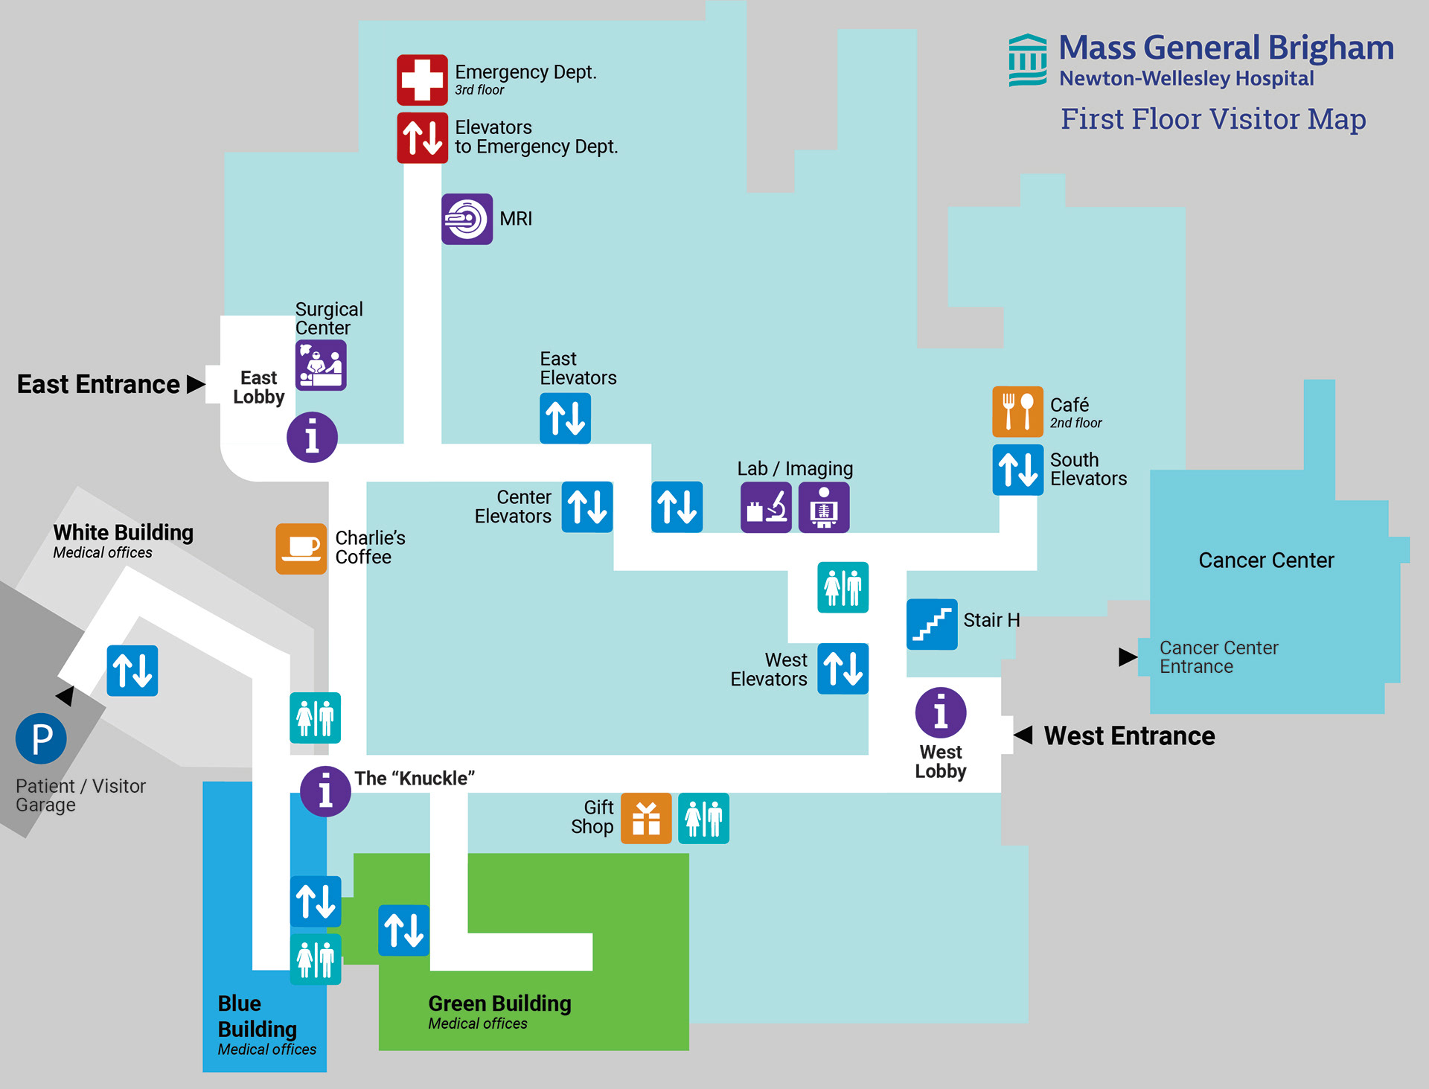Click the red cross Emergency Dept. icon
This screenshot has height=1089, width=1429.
point(422,79)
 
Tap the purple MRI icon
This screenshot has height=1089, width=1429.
point(467,219)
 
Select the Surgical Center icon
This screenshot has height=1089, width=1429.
point(321,365)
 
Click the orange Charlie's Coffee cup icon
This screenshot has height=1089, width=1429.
point(301,549)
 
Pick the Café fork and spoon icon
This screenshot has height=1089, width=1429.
point(1017,412)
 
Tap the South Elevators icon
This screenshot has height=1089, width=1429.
point(1017,470)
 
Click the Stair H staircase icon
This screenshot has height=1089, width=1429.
point(932,624)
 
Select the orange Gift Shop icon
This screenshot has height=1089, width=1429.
point(646,818)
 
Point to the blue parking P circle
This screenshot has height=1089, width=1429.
point(42,738)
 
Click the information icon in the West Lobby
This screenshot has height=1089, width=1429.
point(941,712)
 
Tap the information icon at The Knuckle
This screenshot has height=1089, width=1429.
point(325,791)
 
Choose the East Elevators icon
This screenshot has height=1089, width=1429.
point(565,418)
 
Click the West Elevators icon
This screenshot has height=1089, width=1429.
point(843,668)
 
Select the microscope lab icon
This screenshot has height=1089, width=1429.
point(766,507)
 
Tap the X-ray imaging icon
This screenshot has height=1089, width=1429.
point(824,507)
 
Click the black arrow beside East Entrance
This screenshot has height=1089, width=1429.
point(196,384)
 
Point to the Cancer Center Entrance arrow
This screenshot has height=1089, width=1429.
point(1128,657)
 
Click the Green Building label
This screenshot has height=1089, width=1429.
point(499,1003)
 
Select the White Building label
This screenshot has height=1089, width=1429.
point(123,533)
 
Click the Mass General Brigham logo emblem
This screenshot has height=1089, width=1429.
point(1028,60)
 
